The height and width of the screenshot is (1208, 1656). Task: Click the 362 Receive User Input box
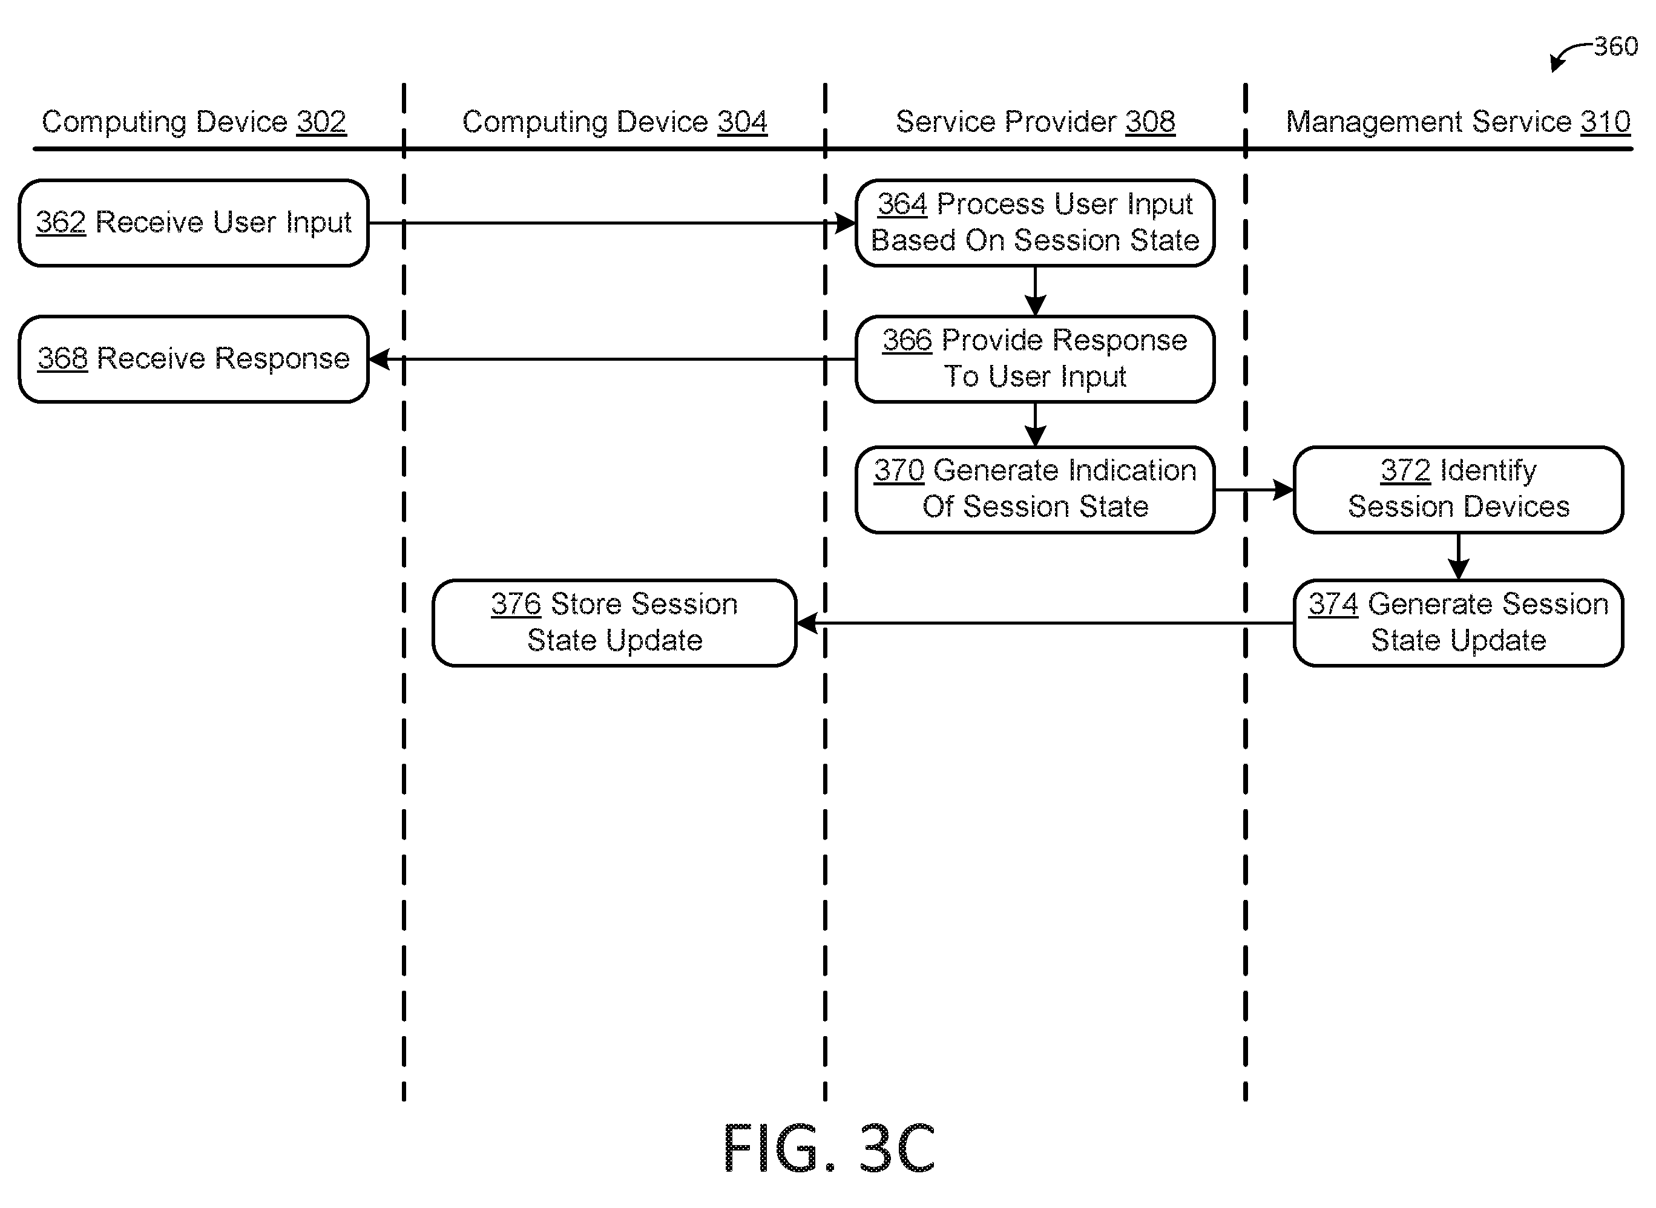point(194,223)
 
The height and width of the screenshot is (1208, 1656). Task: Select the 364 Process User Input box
point(1034,223)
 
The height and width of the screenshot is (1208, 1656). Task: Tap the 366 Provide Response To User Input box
point(1034,359)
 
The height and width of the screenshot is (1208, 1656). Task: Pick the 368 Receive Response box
point(194,359)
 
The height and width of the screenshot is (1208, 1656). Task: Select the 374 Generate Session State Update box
point(1458,623)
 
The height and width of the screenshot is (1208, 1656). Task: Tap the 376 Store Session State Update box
point(614,623)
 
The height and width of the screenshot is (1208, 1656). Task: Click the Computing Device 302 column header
point(194,122)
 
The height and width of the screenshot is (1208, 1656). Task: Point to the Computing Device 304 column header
point(614,122)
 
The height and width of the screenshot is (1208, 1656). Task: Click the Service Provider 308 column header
point(1035,122)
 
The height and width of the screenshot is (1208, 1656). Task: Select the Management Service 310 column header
point(1458,122)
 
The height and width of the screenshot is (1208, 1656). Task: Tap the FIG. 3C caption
point(829,1148)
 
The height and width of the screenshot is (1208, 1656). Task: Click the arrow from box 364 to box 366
point(1034,291)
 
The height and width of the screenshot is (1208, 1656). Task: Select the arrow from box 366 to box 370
point(1034,425)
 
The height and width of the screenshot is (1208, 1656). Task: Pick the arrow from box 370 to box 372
point(1254,490)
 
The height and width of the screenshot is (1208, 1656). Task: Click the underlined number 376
point(516,605)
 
